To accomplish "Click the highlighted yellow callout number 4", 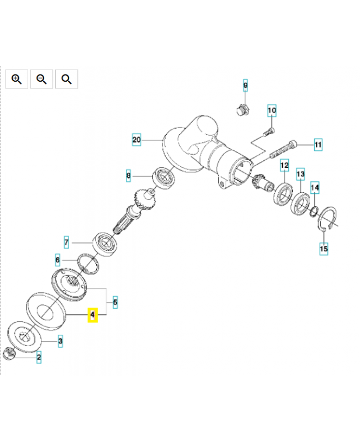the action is tap(93, 314).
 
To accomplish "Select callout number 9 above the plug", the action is tap(245, 86).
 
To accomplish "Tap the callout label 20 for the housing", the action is tap(136, 140).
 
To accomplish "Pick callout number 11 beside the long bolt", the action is tap(318, 145).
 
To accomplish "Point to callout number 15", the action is tap(324, 249).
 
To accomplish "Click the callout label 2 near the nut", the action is tap(39, 357).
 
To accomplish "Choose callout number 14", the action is tap(315, 188).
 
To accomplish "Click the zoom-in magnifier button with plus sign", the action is tap(17, 79).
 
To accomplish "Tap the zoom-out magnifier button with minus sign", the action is tap(42, 79).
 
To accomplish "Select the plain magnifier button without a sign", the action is tap(66, 79).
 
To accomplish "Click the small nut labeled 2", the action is tap(9, 354).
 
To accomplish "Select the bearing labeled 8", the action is tap(163, 177).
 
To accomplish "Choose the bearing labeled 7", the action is tap(105, 244).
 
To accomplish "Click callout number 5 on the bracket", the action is tap(115, 302).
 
